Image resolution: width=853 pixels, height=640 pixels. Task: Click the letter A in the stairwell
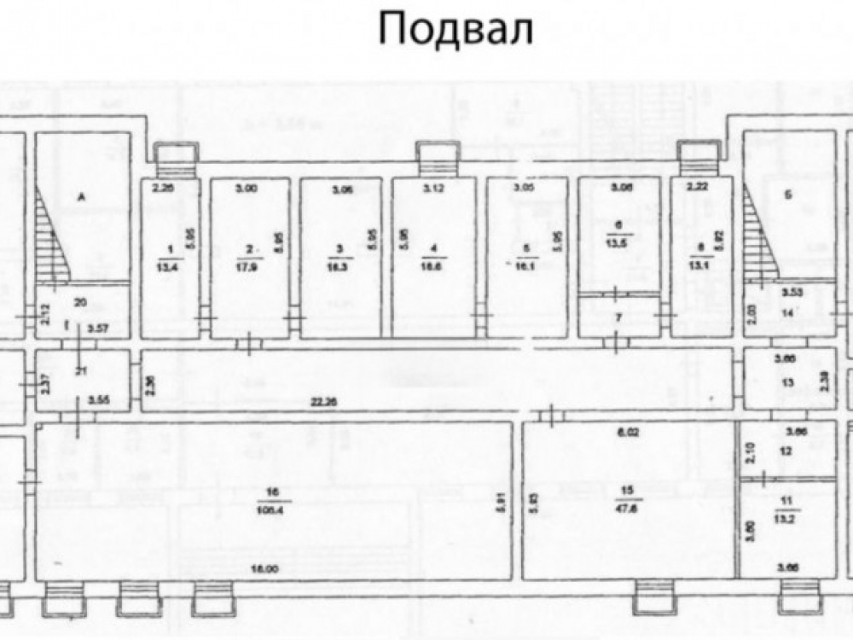[82, 196]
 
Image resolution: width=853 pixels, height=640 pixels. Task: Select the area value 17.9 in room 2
[249, 263]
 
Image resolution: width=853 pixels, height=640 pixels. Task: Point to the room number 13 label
[787, 383]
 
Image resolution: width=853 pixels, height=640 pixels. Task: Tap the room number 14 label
[787, 314]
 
